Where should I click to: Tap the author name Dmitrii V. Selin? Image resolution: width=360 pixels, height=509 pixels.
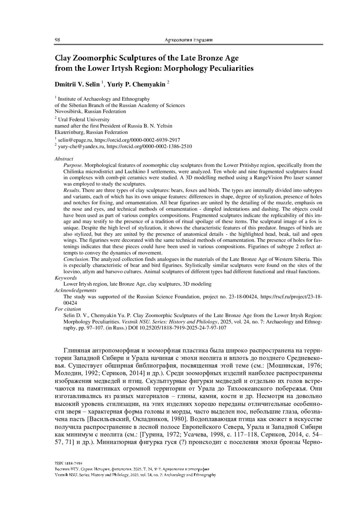[x=77, y=85]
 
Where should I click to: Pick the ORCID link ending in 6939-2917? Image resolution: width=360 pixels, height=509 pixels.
[x=138, y=140]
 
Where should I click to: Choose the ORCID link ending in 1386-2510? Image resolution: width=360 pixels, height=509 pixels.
[x=149, y=146]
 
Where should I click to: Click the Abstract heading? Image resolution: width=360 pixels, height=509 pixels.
[x=64, y=159]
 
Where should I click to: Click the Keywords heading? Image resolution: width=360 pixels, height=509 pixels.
[x=66, y=278]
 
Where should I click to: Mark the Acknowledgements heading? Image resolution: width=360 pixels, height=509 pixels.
[x=75, y=290]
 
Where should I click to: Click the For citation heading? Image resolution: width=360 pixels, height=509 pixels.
[x=68, y=309]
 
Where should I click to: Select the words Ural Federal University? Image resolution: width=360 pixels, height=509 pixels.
[x=84, y=119]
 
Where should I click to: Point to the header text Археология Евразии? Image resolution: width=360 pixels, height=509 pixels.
[x=189, y=40]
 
